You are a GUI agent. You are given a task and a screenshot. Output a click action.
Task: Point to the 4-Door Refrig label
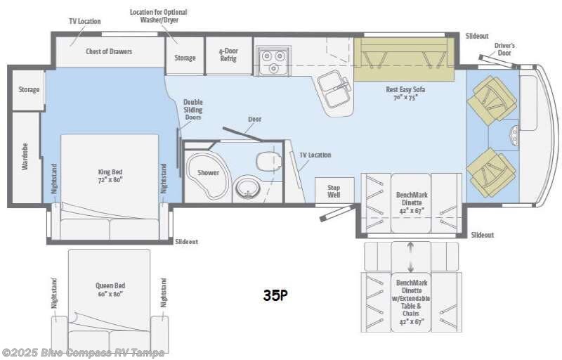pos(228,55)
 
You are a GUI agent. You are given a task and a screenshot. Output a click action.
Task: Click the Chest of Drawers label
pos(109,51)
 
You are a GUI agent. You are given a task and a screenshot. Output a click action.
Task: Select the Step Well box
pos(334,191)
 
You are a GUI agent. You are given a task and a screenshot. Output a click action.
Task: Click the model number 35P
pos(275,295)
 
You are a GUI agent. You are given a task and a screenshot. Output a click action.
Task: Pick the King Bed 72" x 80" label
pos(111,175)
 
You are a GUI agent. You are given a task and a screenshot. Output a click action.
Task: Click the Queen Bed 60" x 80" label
pos(110,289)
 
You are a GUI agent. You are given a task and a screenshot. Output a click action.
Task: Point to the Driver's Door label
pos(504,49)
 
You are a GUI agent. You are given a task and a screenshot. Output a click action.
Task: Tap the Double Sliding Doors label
pos(193,110)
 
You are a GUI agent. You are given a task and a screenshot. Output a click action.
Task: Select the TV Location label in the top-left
pos(84,21)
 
